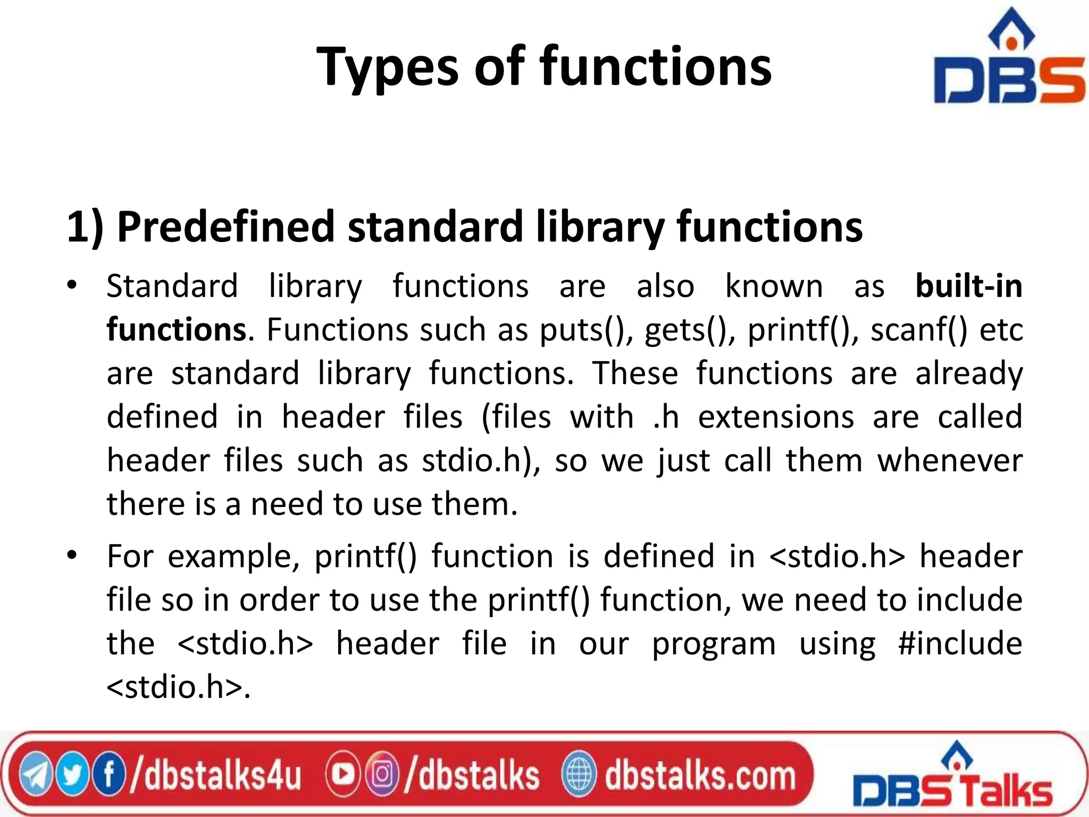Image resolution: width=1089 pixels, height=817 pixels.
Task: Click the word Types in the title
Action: point(387,68)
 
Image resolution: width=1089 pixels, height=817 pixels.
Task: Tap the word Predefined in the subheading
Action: point(224,227)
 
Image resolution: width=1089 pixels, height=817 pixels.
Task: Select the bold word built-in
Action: point(969,286)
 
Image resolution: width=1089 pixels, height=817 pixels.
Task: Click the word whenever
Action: point(950,460)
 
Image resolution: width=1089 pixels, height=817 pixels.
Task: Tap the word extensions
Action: point(776,416)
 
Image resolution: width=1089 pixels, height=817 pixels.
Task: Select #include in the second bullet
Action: point(960,644)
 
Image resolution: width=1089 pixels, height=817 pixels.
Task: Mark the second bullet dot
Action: point(72,555)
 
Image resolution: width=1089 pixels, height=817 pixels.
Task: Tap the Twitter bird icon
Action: point(73,774)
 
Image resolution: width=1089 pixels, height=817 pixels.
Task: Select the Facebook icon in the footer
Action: point(109,774)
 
